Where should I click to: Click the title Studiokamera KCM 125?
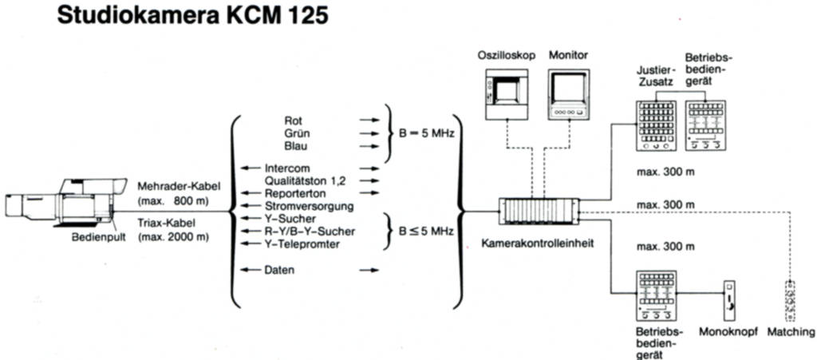click(x=193, y=15)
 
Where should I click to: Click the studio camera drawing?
click(x=66, y=204)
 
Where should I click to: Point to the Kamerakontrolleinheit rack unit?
click(x=539, y=211)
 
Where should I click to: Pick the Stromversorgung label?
click(x=310, y=206)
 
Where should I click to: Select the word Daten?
click(x=279, y=270)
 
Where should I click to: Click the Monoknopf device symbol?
click(x=731, y=301)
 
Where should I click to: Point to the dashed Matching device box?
click(x=790, y=301)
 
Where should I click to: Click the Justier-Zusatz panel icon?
click(x=656, y=125)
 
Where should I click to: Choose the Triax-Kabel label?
click(x=166, y=224)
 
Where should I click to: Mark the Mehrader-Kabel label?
click(x=173, y=186)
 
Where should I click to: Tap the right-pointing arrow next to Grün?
click(x=369, y=133)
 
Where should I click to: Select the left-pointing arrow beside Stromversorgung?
click(x=251, y=205)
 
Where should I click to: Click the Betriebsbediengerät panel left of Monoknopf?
click(x=656, y=295)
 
